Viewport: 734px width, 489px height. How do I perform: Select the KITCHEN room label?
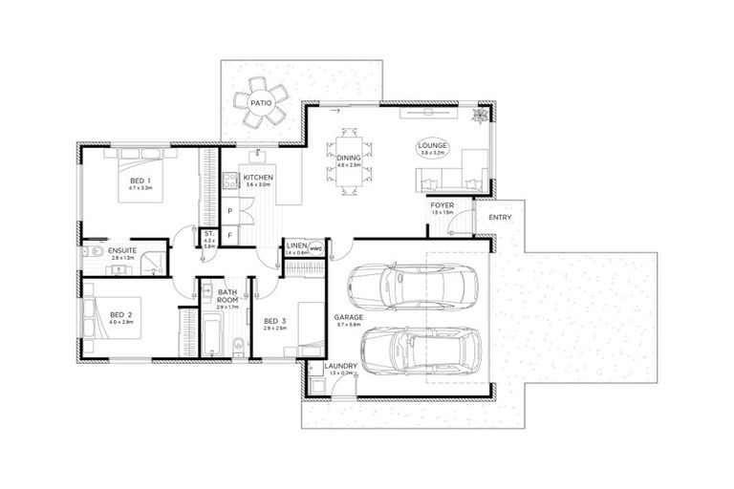[258, 179]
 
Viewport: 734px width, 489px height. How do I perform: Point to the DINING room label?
[348, 159]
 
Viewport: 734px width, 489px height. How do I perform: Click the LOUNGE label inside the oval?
[432, 146]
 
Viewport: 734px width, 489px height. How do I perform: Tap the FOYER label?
[443, 205]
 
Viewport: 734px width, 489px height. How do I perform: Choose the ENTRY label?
[500, 217]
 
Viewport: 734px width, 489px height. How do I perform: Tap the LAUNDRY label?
[340, 366]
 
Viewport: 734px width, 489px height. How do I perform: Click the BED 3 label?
[274, 321]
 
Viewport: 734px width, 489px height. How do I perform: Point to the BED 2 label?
[119, 314]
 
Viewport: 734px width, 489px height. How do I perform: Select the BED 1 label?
[140, 180]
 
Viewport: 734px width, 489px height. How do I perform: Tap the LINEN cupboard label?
[296, 246]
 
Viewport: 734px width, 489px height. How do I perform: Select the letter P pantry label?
[230, 211]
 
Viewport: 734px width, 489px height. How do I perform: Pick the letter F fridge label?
[230, 232]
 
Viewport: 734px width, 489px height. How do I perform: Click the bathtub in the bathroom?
[212, 335]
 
